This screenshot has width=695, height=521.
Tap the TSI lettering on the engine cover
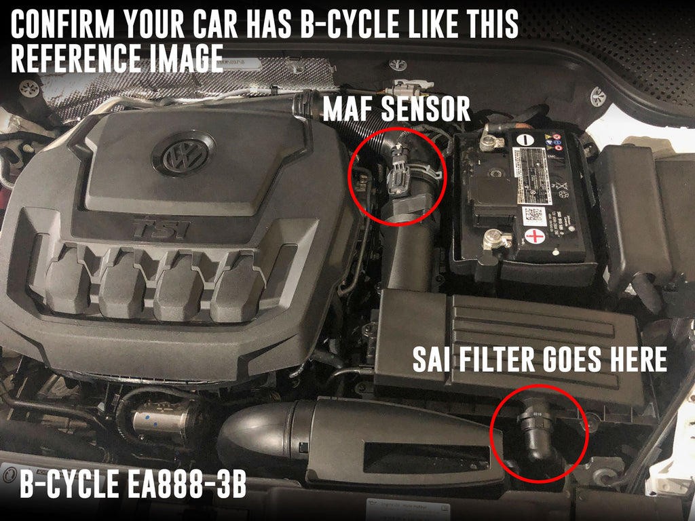(160, 227)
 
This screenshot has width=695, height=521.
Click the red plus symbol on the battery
(535, 237)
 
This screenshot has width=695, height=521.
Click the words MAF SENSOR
(396, 109)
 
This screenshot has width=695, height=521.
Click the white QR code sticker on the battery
(535, 216)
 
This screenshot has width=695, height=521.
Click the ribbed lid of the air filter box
(543, 339)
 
